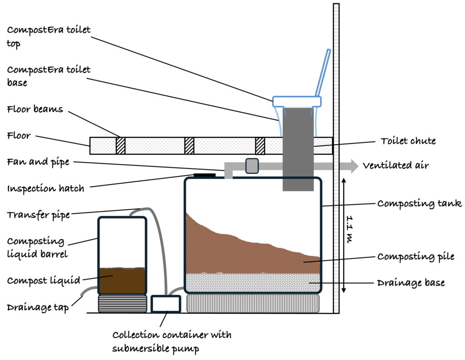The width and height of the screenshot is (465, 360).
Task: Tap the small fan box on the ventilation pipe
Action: [252, 166]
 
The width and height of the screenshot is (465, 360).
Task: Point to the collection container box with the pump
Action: [165, 304]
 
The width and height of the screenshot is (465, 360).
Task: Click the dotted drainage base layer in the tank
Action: [252, 283]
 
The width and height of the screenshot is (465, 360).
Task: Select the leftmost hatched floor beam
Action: [120, 146]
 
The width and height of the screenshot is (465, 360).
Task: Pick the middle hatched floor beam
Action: [189, 146]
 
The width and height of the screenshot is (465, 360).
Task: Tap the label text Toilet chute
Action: [408, 141]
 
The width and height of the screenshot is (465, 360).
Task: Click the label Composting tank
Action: [419, 203]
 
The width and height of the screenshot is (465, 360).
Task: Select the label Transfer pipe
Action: [38, 215]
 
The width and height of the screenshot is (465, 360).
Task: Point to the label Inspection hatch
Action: [45, 188]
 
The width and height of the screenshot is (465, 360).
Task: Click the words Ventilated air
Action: [395, 166]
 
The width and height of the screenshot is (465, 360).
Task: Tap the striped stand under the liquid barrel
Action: [123, 304]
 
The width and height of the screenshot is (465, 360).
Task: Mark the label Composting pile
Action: [416, 257]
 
